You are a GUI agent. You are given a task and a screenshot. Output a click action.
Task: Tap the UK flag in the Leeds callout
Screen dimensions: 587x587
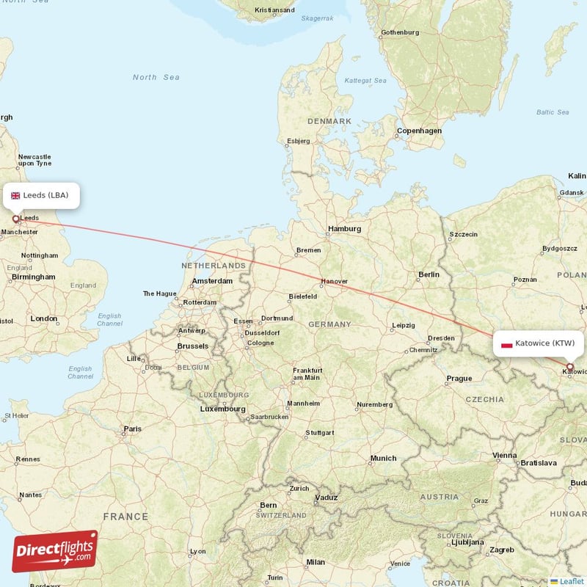click(15, 195)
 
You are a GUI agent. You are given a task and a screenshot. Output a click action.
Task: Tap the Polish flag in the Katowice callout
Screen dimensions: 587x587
click(506, 343)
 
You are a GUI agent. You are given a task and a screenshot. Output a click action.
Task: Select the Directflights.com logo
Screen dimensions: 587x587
click(55, 551)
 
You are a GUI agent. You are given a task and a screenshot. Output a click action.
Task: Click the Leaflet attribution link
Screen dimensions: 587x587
click(571, 581)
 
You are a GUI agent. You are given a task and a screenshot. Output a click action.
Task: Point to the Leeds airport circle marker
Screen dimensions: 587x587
click(15, 219)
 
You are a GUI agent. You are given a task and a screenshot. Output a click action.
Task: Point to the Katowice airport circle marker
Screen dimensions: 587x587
click(569, 366)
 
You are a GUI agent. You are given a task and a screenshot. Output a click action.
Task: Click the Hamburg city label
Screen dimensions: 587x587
click(345, 229)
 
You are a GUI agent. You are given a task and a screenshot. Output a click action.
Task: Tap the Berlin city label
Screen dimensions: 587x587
click(429, 274)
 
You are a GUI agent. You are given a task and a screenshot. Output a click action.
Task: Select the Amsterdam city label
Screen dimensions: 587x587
click(212, 281)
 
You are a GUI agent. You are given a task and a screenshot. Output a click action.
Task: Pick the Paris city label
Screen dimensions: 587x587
click(133, 429)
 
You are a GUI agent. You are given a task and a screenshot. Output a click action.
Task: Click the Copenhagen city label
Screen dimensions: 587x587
click(419, 131)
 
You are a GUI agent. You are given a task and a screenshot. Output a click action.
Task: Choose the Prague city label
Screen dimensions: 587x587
click(459, 379)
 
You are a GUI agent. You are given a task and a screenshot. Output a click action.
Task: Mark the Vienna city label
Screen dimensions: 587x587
click(505, 455)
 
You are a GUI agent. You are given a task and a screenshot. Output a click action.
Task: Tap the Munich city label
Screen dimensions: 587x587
click(383, 458)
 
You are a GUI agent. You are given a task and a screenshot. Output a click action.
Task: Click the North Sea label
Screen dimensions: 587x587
click(156, 77)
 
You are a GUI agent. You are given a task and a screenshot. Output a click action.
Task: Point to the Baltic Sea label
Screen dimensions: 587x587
click(553, 112)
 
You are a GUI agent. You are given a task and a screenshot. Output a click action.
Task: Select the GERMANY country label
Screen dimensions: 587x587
click(330, 324)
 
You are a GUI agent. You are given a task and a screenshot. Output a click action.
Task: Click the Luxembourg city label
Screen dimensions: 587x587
click(223, 409)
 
